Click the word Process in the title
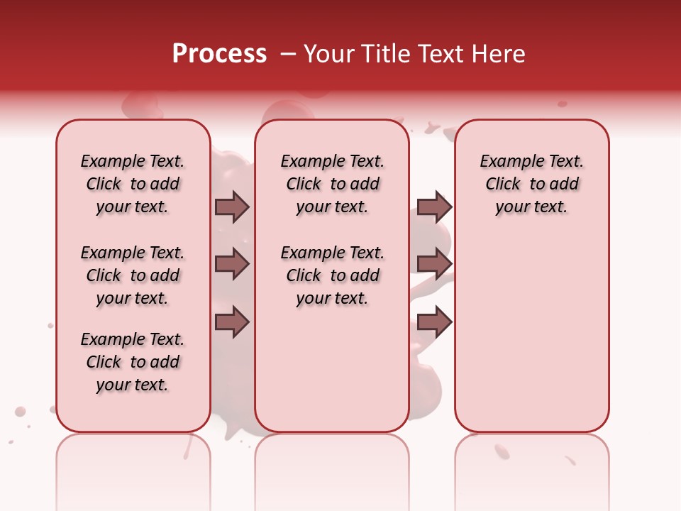219,54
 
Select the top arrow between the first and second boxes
232,207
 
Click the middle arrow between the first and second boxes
232,264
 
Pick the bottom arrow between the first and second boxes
232,323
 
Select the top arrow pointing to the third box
434,207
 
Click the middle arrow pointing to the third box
434,264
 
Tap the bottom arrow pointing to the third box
434,323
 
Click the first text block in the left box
133,184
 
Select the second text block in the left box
133,275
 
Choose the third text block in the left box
133,362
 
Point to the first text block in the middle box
332,184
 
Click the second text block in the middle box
332,275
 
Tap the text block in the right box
531,184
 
